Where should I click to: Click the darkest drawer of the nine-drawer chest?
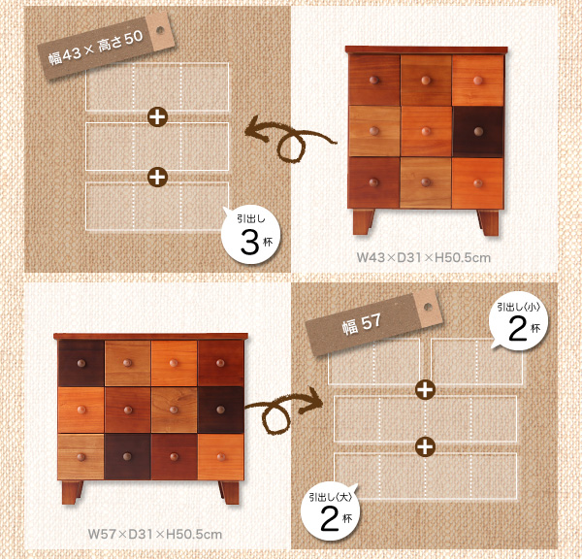tap(478, 131)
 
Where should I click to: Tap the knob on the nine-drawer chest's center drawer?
tap(426, 131)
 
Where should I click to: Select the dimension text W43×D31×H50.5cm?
tap(424, 257)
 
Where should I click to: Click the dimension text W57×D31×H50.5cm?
tap(155, 534)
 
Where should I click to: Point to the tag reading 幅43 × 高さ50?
tap(106, 46)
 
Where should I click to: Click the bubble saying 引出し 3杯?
tap(251, 235)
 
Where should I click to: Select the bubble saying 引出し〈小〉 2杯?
tap(518, 321)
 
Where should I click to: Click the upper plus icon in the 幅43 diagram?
tap(157, 117)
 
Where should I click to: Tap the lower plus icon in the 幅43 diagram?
tap(157, 177)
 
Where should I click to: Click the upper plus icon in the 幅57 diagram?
tap(425, 389)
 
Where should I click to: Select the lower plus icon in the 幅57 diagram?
tap(425, 446)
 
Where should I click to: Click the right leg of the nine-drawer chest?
tap(489, 222)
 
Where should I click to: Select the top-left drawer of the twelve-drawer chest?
tap(81, 363)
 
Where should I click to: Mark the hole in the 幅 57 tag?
tap(428, 307)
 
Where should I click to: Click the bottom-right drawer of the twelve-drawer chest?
tap(220, 457)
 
